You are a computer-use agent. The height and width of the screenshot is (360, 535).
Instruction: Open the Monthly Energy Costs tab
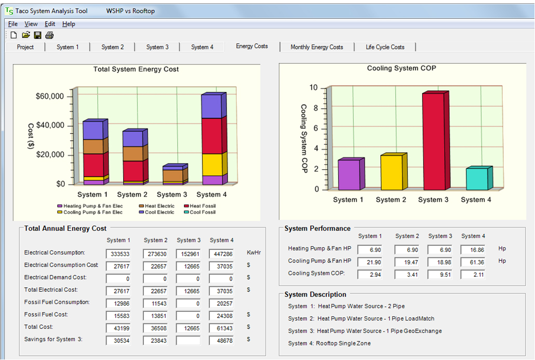(317, 47)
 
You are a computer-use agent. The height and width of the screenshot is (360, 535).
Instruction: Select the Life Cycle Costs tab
(385, 47)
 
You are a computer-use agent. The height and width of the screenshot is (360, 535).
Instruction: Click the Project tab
(25, 47)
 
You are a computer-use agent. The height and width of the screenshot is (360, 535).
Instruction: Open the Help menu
(69, 24)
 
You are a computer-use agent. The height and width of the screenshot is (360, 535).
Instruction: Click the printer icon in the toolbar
(49, 35)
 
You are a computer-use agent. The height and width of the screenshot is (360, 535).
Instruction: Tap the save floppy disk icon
(37, 35)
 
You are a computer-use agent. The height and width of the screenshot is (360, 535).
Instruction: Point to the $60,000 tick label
(50, 96)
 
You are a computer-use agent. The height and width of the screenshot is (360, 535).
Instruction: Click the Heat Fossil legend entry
(200, 206)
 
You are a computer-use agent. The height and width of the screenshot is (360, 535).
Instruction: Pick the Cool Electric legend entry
(157, 212)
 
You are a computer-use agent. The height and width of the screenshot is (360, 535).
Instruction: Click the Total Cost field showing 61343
(221, 328)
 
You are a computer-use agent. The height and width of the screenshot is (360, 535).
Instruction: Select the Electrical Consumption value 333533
(118, 254)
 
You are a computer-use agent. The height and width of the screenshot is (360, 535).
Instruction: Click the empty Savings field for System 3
(189, 341)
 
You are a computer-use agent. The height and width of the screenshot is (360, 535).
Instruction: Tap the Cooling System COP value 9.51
(440, 275)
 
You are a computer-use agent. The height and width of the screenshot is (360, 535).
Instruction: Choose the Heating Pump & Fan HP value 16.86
(473, 250)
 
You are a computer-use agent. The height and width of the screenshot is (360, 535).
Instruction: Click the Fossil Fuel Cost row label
(46, 314)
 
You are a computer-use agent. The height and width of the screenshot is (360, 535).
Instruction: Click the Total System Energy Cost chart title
(136, 69)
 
